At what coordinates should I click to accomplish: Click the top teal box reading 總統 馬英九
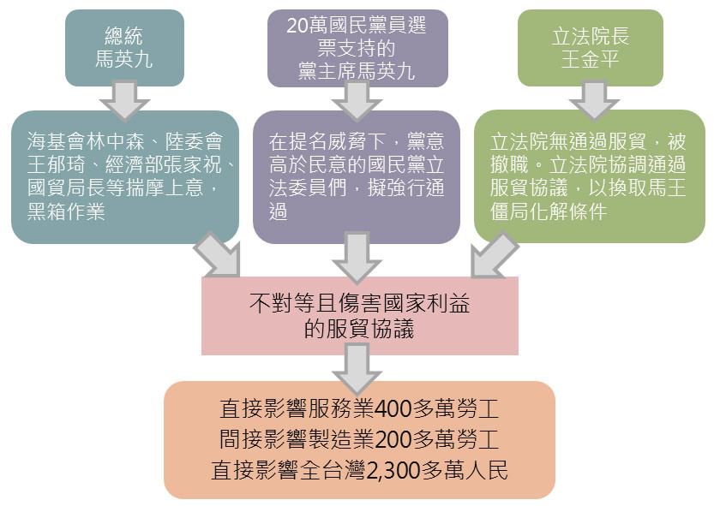pyautogui.click(x=124, y=48)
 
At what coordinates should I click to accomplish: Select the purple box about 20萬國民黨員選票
pyautogui.click(x=357, y=48)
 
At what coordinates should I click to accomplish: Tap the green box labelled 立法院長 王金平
pyautogui.click(x=590, y=48)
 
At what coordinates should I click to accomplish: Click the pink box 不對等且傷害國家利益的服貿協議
pyautogui.click(x=359, y=315)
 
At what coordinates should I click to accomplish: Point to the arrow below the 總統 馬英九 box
pyautogui.click(x=124, y=99)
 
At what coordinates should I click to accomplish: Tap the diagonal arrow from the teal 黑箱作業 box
pyautogui.click(x=218, y=254)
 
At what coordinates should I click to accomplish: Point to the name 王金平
pyautogui.click(x=590, y=61)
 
